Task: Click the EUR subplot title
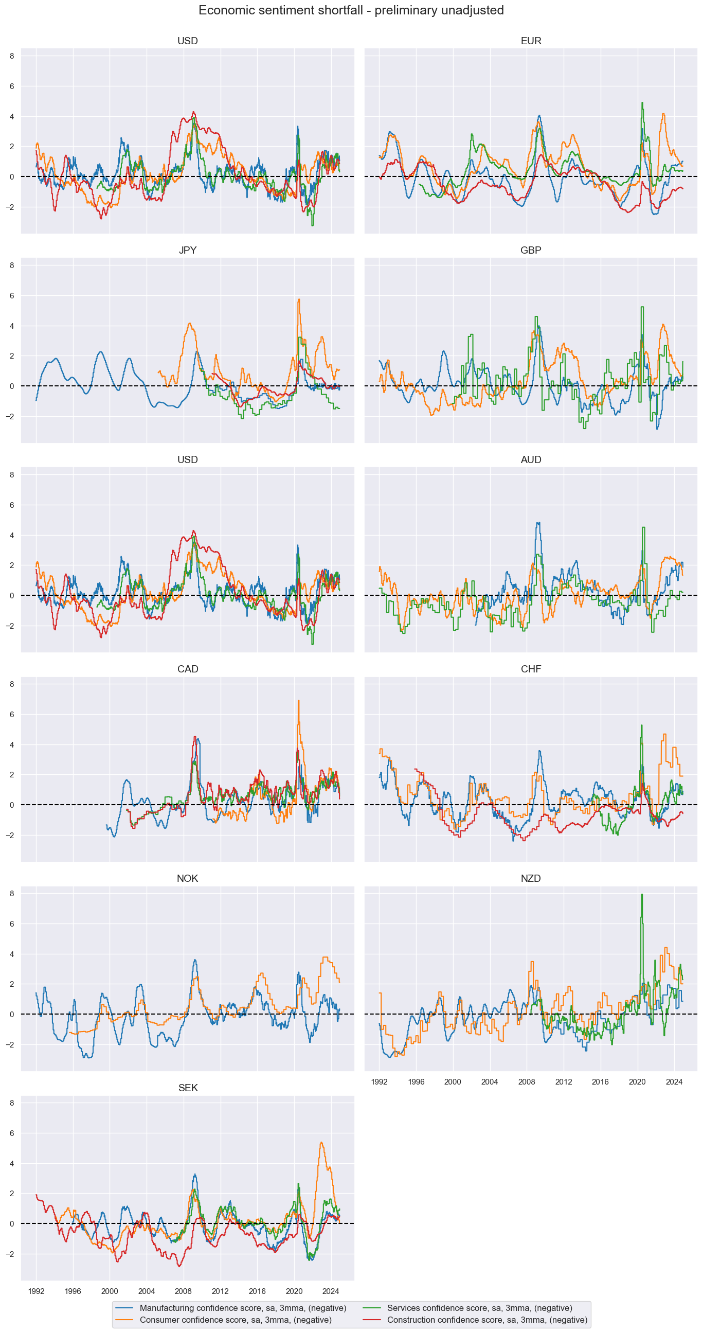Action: (x=530, y=41)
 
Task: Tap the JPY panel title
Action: (x=187, y=250)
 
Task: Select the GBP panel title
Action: (x=530, y=250)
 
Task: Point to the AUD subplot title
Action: (x=530, y=459)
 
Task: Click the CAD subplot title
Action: (x=187, y=669)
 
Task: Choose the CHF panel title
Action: (x=530, y=669)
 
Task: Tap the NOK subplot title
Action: (x=187, y=879)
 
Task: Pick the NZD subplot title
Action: (x=530, y=879)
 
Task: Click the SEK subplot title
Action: (x=187, y=1088)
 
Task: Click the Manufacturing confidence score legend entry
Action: (x=242, y=1308)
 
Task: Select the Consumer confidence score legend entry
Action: (x=235, y=1320)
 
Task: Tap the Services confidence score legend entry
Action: (x=479, y=1308)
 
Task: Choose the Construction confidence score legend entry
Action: (x=487, y=1320)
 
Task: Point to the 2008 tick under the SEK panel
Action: (x=183, y=1291)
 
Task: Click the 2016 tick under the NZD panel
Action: (x=600, y=1082)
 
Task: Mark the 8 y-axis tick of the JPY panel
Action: (x=12, y=265)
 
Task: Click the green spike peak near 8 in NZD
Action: (x=642, y=895)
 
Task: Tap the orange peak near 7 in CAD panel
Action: (x=298, y=701)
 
